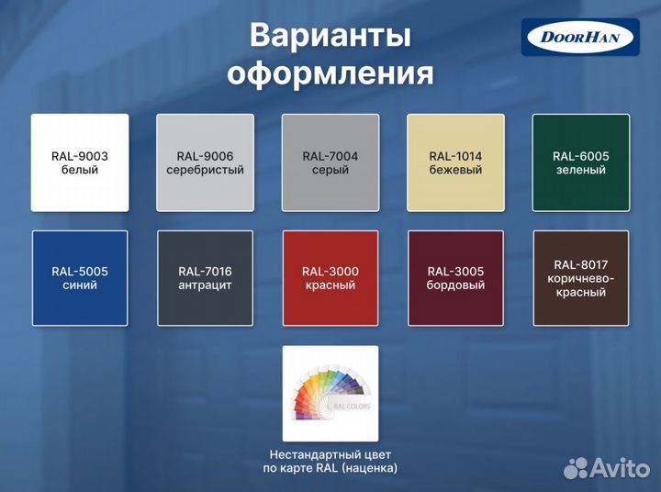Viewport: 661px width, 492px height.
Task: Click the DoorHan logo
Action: (580, 38)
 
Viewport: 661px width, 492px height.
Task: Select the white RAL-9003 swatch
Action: (80, 162)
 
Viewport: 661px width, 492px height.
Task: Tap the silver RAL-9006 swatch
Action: (205, 162)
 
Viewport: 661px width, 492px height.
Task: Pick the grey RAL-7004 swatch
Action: (330, 162)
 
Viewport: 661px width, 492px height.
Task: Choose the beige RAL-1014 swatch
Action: (455, 162)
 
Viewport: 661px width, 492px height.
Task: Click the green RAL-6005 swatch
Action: (580, 162)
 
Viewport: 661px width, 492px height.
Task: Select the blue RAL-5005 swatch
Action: (80, 278)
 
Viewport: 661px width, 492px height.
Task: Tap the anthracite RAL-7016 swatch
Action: (205, 278)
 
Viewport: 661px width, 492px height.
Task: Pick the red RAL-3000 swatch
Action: (330, 278)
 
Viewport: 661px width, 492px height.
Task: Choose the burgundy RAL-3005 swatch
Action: (455, 278)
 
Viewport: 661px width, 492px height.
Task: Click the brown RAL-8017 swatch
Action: (580, 278)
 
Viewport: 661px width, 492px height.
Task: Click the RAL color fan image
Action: (330, 393)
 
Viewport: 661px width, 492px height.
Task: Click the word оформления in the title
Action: (330, 73)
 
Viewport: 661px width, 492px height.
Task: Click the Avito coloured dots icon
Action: (577, 467)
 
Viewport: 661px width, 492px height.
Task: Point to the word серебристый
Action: (205, 170)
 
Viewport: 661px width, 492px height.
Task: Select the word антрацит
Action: (205, 285)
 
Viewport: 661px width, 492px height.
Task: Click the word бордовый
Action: (455, 285)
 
